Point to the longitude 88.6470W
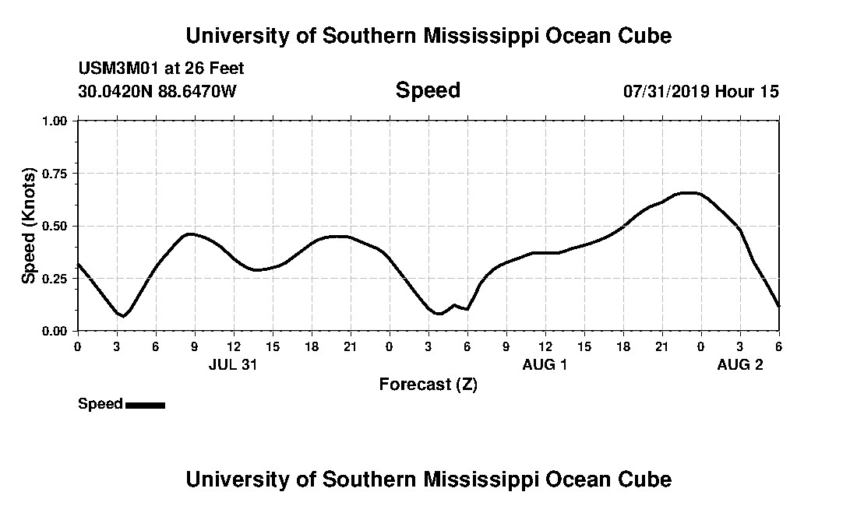click(197, 91)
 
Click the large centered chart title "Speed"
click(428, 90)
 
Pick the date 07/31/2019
click(665, 91)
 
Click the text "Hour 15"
click(747, 91)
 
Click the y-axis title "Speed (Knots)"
click(29, 226)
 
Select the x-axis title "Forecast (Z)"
click(428, 384)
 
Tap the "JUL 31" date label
click(233, 364)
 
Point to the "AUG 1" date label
click(545, 364)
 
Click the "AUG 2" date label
click(739, 364)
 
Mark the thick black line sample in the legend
click(145, 405)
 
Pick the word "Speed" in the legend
click(101, 404)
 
